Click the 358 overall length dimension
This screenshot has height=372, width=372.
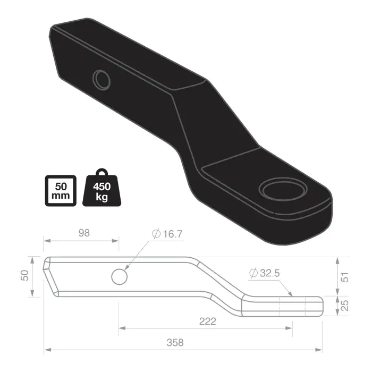[x=176, y=343]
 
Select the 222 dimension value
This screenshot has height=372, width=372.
[x=207, y=321]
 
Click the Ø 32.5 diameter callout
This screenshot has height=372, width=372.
[x=264, y=273]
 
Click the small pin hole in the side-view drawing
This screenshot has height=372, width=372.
[x=120, y=276]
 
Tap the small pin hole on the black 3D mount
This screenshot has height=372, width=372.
[x=100, y=80]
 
